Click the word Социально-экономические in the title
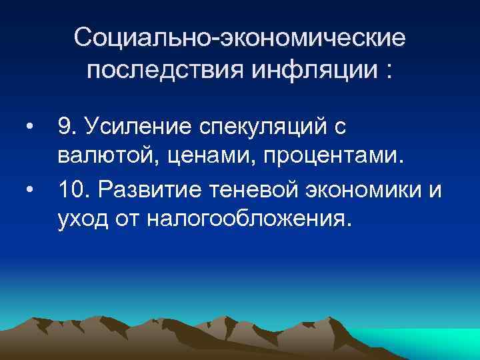[239, 37]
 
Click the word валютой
[97, 157]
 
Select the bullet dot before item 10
[29, 189]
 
